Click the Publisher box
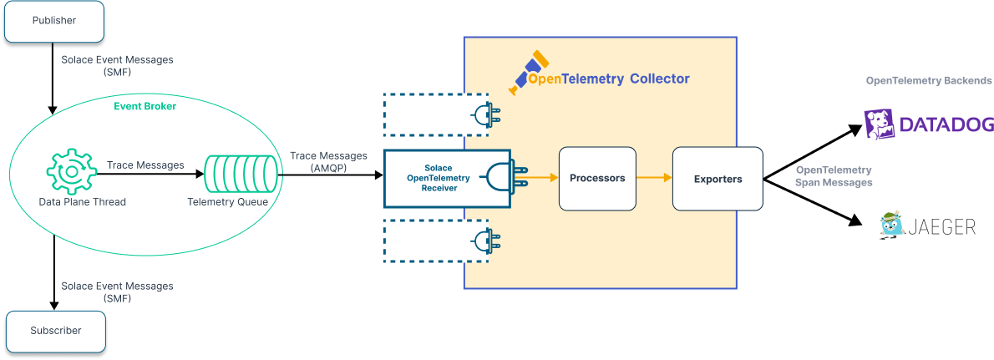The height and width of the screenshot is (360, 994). pos(54,21)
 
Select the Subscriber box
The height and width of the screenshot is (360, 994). pos(56,331)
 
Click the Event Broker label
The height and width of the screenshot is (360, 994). pos(145,106)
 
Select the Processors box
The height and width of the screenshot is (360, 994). pos(597,178)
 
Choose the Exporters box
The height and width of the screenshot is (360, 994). pos(718,179)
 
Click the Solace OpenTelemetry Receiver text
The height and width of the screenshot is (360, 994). pos(439,178)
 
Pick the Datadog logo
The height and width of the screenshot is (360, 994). pos(928,124)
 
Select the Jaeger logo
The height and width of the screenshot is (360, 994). pos(928,226)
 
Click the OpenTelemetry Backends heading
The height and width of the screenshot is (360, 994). pos(929,81)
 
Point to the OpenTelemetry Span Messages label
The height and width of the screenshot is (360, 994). pos(834,176)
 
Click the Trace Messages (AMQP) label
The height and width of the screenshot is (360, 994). pos(328,162)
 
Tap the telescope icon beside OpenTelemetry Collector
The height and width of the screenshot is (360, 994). pos(530,71)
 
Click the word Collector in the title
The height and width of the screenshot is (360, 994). pos(660,79)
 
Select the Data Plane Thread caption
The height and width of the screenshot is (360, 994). pos(82,202)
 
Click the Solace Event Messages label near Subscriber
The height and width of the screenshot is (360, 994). pos(117,292)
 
